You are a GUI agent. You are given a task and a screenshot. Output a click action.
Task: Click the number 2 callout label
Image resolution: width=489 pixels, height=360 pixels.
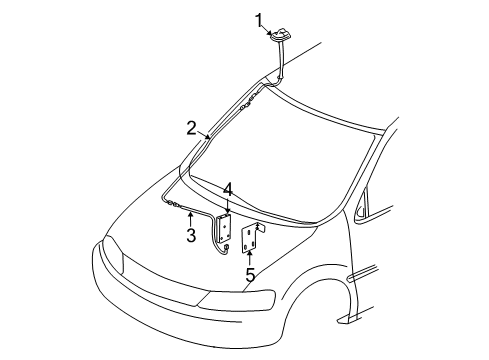(190, 127)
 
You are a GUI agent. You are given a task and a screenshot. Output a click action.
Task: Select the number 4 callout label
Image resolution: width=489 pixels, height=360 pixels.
(228, 189)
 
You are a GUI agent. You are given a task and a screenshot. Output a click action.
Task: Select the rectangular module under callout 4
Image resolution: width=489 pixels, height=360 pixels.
(227, 229)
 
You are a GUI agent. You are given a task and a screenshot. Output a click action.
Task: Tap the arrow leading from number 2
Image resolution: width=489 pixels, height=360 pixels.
(204, 133)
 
